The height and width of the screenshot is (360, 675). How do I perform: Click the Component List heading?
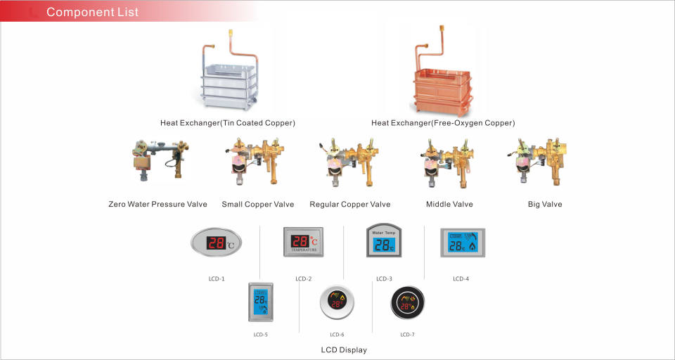(x=92, y=12)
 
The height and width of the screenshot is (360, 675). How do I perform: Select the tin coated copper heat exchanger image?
(x=229, y=70)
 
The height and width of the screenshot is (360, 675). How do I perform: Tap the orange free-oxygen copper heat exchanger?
(x=442, y=71)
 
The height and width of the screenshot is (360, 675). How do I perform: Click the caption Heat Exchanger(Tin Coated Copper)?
(x=228, y=123)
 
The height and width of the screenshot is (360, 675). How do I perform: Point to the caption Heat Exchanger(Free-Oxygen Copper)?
(x=443, y=123)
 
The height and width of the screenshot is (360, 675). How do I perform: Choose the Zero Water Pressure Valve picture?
(x=160, y=160)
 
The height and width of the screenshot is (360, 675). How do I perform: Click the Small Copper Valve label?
(x=258, y=204)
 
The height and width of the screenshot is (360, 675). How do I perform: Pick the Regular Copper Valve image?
(x=349, y=162)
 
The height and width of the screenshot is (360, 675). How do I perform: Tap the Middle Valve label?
(x=449, y=204)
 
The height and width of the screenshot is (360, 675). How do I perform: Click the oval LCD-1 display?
(x=216, y=243)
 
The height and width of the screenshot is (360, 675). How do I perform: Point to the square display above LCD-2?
(x=303, y=242)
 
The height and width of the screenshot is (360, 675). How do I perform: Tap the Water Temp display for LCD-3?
(x=384, y=240)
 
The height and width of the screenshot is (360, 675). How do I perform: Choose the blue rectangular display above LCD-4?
(x=463, y=243)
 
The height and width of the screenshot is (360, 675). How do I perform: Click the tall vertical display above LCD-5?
(x=260, y=302)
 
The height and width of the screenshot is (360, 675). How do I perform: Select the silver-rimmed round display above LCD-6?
(x=337, y=302)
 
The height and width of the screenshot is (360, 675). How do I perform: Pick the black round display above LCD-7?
(x=408, y=303)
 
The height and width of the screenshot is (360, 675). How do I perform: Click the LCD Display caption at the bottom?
(x=344, y=350)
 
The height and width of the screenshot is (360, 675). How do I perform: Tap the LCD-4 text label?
(x=461, y=279)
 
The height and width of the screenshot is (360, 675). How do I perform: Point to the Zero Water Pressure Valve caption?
(x=158, y=204)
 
